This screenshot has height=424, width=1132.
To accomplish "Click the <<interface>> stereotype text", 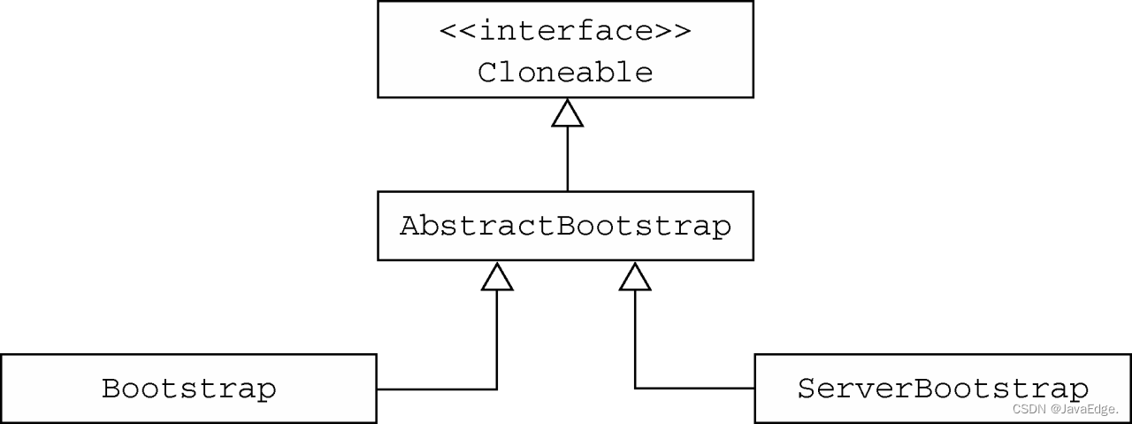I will [x=565, y=31].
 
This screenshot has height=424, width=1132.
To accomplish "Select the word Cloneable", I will [x=565, y=72].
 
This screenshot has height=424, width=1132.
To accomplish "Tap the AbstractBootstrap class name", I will [x=565, y=226].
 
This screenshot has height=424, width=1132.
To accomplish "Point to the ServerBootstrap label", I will [x=943, y=389].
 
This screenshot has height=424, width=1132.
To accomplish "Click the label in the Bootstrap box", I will [x=188, y=389].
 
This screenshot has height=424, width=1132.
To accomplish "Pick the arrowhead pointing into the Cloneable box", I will [x=567, y=112].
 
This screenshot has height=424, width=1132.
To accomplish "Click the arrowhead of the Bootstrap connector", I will [x=497, y=276].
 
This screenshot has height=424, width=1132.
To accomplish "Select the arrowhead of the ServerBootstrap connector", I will [x=635, y=276].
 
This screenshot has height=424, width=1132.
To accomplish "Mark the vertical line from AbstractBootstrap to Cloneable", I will [x=567, y=159].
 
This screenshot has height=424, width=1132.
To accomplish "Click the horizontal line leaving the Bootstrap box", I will [x=437, y=389].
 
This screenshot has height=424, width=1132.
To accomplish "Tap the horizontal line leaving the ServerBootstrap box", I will [x=695, y=389].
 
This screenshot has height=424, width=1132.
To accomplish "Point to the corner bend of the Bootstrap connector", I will [x=497, y=389].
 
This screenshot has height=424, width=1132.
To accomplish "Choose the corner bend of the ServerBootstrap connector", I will [x=635, y=389].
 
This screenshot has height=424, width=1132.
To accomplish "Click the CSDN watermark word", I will [x=1029, y=409].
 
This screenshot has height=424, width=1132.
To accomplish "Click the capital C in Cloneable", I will [x=487, y=72].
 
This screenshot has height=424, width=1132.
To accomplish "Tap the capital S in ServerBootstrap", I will [x=807, y=389].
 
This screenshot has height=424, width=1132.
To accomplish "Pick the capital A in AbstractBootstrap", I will [x=409, y=226].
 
